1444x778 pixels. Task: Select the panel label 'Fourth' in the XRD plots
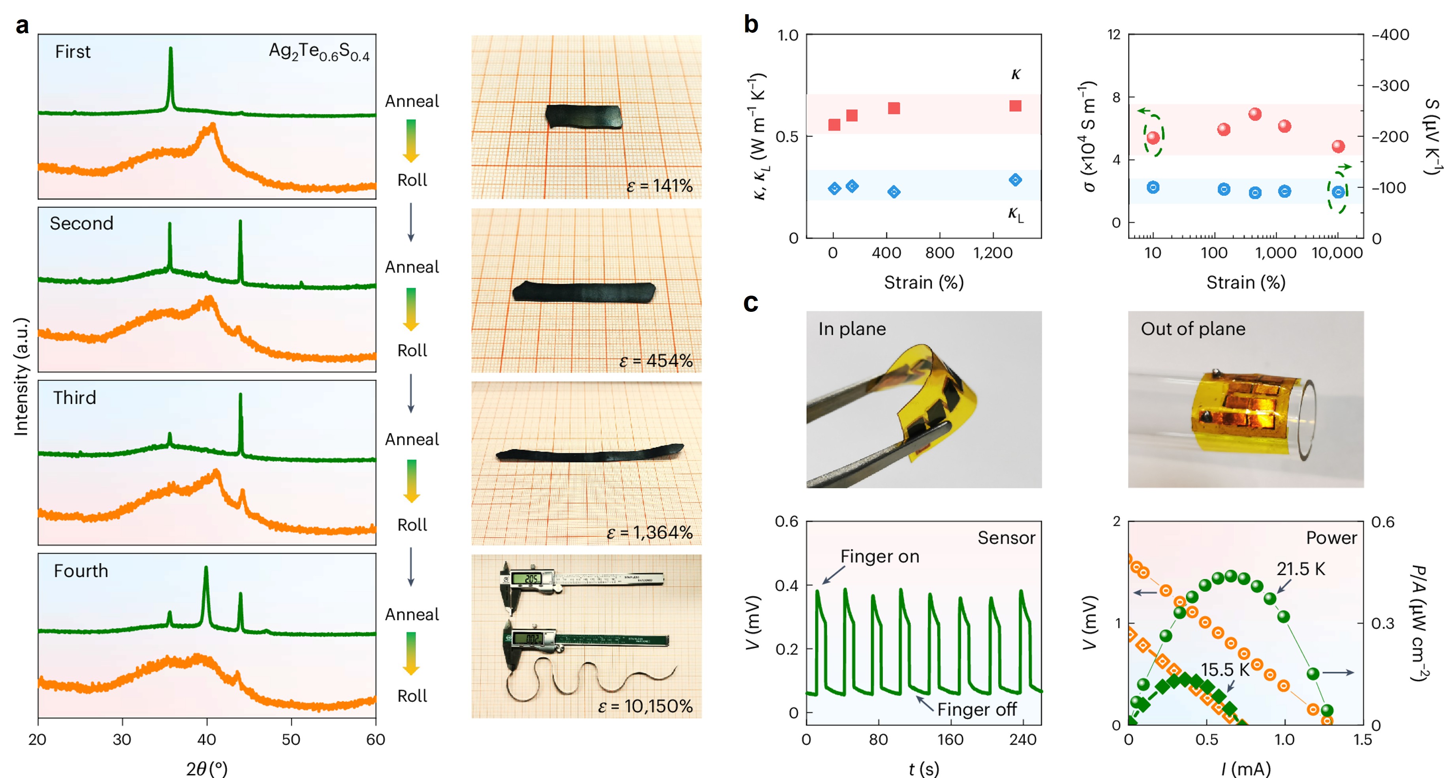(x=81, y=571)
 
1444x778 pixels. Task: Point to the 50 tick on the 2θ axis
(x=291, y=739)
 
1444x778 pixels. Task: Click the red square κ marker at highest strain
(x=1015, y=106)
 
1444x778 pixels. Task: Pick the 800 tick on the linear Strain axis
(x=939, y=253)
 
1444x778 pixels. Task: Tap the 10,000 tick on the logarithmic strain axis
(x=1337, y=253)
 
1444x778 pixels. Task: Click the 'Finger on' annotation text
(x=879, y=556)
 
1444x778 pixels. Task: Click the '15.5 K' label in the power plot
(x=1225, y=669)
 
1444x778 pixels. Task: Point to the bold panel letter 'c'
(x=751, y=303)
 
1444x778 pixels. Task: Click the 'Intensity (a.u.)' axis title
(x=21, y=377)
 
